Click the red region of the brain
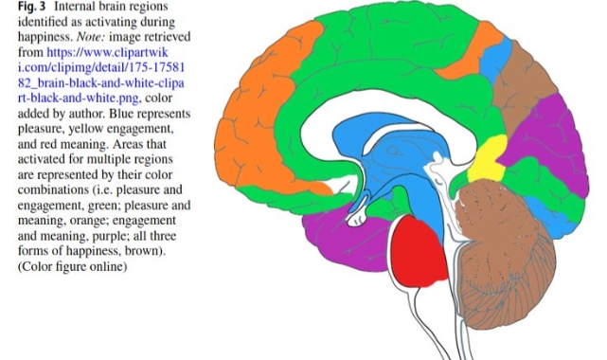click(x=419, y=252)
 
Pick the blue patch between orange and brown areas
click(x=495, y=58)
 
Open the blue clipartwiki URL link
click(x=101, y=75)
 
